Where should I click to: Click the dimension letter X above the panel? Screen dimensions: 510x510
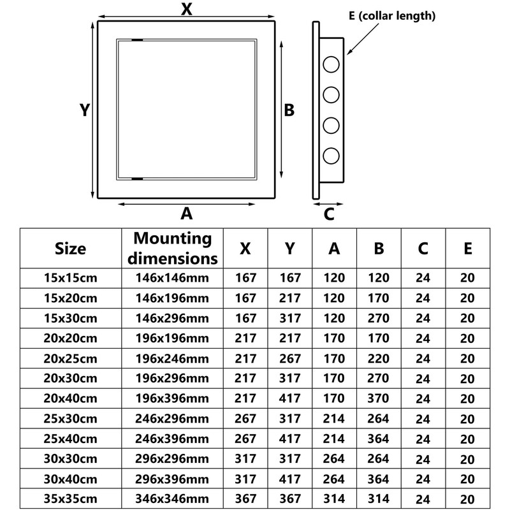coord(187,9)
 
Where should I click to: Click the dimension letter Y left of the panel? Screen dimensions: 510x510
coord(84,110)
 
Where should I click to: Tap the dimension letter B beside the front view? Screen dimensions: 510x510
coord(289,110)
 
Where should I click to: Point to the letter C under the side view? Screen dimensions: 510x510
coord(329,214)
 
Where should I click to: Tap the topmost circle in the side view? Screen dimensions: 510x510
coord(331,64)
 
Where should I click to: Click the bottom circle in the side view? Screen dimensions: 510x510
coord(331,155)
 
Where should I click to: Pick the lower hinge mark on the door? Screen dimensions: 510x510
coord(137,179)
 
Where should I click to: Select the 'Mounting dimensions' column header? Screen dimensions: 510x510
coord(173,249)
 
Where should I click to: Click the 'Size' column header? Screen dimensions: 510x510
coord(70,249)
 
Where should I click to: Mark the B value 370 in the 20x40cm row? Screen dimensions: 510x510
coord(379,399)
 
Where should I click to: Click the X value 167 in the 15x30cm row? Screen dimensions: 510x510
coord(245,318)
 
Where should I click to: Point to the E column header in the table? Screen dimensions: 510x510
coord(467,249)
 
